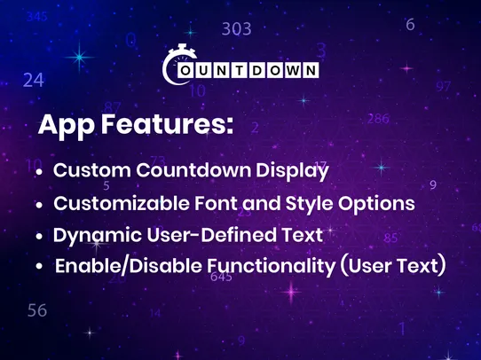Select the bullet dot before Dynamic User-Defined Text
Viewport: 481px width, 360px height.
click(x=39, y=238)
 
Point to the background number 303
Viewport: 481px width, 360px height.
click(x=236, y=29)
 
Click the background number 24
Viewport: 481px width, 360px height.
click(x=33, y=80)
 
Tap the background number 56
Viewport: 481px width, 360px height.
click(x=36, y=310)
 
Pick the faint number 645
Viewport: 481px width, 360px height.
click(x=221, y=278)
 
